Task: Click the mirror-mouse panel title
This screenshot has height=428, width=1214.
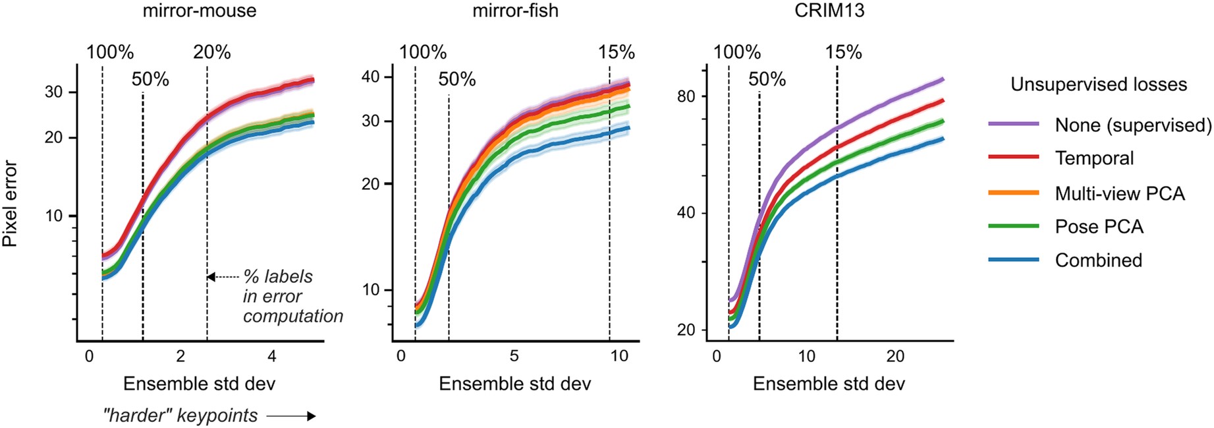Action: [x=199, y=11]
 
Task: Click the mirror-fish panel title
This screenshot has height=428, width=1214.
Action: [x=515, y=11]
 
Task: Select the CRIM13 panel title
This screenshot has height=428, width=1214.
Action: [x=829, y=11]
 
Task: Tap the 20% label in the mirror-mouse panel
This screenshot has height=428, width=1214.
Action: [x=211, y=53]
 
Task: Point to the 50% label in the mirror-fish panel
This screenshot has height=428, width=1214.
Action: [x=456, y=80]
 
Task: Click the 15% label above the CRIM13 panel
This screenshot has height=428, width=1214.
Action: [x=843, y=53]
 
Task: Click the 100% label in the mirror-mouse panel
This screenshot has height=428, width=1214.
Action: [x=110, y=53]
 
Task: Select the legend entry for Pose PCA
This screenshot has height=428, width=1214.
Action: [x=1099, y=227]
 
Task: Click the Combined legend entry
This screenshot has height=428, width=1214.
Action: [x=1098, y=260]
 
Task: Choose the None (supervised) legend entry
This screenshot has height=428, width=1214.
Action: [x=1132, y=125]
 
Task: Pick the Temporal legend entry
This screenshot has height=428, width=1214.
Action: [x=1094, y=158]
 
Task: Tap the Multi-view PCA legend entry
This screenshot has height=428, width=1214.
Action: [x=1119, y=193]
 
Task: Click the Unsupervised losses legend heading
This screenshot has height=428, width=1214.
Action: [x=1098, y=84]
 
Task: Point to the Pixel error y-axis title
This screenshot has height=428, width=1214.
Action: [x=10, y=204]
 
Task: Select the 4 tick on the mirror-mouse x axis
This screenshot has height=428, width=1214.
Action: [x=272, y=357]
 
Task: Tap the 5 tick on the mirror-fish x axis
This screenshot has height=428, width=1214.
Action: [x=514, y=357]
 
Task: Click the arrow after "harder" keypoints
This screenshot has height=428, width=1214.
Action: [x=291, y=416]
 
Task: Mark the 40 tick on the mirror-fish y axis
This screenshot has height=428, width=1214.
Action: [x=371, y=77]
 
